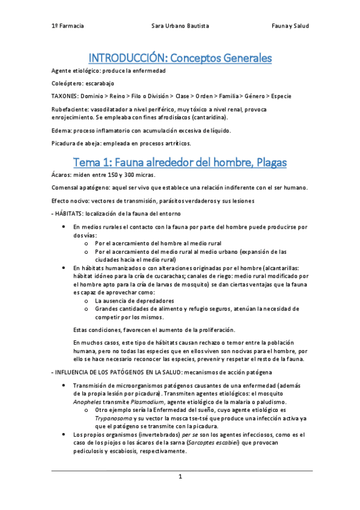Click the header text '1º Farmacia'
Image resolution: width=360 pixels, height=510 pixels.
[67, 26]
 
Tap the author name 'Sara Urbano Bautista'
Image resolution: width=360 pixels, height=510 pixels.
[180, 26]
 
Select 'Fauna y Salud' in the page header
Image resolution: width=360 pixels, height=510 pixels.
[290, 26]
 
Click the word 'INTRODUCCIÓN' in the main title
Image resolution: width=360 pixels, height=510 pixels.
[126, 58]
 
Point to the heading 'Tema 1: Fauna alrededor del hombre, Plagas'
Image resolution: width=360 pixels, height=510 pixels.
[180, 162]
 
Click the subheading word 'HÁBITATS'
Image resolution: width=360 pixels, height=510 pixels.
[69, 213]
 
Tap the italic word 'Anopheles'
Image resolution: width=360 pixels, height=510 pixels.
[87, 402]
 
